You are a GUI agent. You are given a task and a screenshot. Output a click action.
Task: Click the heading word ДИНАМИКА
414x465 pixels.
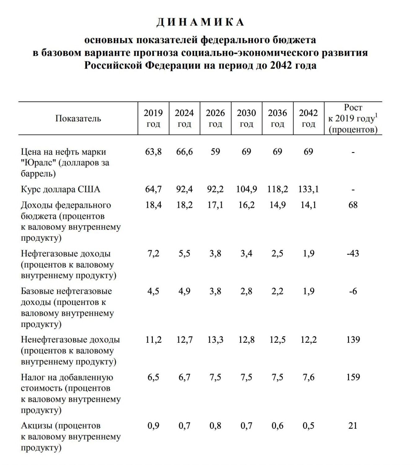200,22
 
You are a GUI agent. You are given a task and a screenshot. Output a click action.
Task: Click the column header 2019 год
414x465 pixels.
153,118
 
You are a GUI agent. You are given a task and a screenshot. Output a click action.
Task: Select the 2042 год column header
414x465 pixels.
308,118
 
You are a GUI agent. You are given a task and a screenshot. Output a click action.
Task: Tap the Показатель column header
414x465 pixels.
78,118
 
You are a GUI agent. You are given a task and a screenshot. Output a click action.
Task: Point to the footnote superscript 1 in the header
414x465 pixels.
376,115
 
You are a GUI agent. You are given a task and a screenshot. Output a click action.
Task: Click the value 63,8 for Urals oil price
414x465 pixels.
153,152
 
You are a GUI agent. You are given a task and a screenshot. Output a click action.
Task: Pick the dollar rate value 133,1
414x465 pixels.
308,189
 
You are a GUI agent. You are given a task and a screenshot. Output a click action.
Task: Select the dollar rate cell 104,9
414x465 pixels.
246,189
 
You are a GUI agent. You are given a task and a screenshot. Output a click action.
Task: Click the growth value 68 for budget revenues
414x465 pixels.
353,205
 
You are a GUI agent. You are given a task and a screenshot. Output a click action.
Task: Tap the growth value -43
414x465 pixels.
353,253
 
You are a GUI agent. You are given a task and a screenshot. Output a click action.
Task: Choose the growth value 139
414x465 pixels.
353,339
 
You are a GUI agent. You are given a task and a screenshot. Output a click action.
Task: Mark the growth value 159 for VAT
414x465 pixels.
353,377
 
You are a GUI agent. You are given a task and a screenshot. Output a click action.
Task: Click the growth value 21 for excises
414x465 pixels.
353,425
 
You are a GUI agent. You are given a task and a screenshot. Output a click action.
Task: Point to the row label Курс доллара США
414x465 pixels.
60,189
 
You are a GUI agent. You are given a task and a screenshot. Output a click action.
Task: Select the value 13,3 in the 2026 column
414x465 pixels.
215,339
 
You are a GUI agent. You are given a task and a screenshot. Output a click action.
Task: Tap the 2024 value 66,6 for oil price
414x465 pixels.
184,152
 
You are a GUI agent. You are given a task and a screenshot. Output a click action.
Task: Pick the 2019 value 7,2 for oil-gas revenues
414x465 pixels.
153,253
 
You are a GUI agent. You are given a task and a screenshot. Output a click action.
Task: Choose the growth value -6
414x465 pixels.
353,291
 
